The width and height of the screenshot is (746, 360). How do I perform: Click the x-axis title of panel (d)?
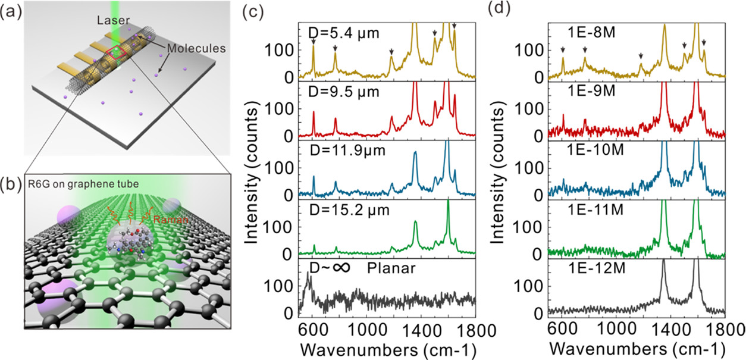coord(636,348)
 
